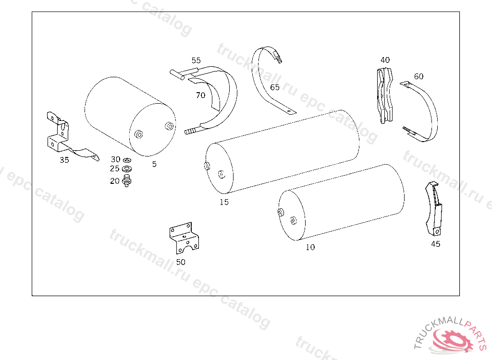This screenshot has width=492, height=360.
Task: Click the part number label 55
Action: point(196,60)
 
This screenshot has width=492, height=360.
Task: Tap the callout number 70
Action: point(200,95)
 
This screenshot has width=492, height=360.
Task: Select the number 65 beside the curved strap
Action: point(275,87)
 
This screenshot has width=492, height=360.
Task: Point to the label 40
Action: point(385,60)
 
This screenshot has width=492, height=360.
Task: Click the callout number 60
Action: point(418,76)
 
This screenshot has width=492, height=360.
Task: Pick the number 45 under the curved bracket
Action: point(435,244)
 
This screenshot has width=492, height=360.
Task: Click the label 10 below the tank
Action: point(310,247)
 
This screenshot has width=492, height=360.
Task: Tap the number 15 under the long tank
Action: point(224,202)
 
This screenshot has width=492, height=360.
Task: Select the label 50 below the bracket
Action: point(181,262)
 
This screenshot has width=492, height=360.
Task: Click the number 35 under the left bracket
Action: point(64,160)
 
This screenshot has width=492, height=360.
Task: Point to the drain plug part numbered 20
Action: point(126,180)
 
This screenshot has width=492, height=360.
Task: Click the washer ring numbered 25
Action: point(127,169)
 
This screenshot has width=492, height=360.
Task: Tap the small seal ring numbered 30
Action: point(127,160)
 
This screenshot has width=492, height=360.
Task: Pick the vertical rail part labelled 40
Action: point(385,96)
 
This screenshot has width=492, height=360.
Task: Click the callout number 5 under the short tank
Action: point(154,164)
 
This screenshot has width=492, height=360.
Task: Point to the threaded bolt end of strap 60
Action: point(407,130)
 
